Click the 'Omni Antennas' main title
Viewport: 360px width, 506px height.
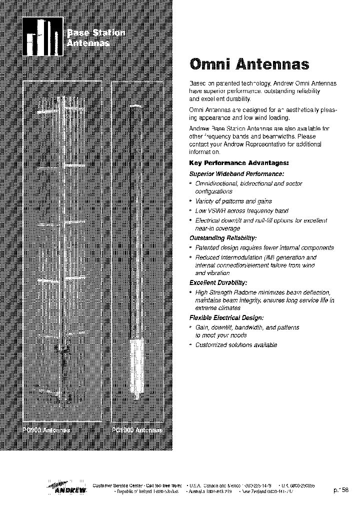[x=248, y=64]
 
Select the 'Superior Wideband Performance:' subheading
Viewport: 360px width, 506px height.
[x=236, y=174]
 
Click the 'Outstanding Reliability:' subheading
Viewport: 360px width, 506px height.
[x=223, y=238]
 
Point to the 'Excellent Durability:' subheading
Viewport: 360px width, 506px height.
[x=218, y=282]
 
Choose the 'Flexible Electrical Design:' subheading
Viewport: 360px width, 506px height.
[x=226, y=318]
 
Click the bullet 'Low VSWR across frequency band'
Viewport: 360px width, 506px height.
[x=241, y=211]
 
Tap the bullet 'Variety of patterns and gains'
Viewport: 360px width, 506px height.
[x=233, y=201]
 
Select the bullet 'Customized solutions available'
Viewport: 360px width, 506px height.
[x=236, y=345]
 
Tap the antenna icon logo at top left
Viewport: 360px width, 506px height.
[x=43, y=37]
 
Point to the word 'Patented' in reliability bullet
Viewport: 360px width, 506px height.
[x=206, y=247]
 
